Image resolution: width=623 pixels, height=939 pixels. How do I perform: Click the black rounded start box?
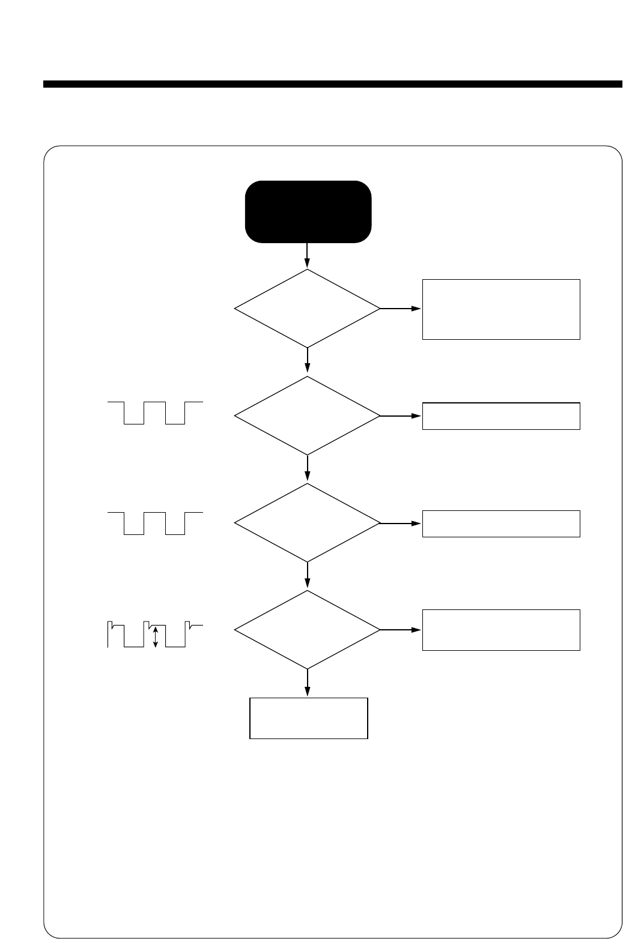point(308,211)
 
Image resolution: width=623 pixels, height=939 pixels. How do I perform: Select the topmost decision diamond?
point(307,309)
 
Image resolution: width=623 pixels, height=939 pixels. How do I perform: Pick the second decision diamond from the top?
point(307,415)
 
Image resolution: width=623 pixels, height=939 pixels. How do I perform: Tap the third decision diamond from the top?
point(307,523)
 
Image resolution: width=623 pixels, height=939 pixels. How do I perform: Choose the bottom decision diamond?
point(307,630)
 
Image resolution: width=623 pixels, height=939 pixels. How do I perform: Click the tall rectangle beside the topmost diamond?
point(501,309)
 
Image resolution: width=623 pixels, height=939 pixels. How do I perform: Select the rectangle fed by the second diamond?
point(501,416)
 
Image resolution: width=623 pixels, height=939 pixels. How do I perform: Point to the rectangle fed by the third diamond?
point(501,524)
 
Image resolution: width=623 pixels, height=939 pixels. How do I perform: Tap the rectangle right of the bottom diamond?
point(501,630)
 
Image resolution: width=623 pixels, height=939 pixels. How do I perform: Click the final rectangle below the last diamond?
point(308,718)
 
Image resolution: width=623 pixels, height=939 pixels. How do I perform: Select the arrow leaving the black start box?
point(307,255)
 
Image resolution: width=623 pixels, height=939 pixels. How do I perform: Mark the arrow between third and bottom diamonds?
point(307,576)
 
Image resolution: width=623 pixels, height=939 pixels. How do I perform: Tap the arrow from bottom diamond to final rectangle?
point(307,683)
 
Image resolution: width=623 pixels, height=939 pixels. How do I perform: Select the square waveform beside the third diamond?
point(155,522)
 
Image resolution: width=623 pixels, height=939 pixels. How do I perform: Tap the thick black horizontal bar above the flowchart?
point(332,84)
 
